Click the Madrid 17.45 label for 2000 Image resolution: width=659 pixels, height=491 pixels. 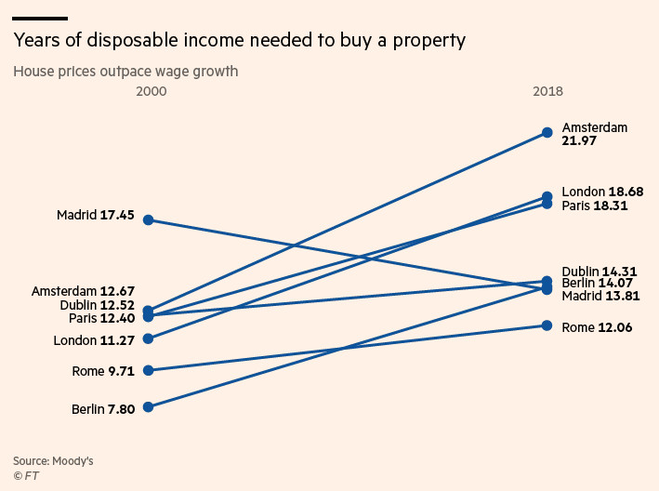(x=95, y=216)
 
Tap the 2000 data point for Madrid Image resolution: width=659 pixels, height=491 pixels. (x=148, y=219)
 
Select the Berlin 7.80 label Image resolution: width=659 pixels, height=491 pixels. (x=102, y=409)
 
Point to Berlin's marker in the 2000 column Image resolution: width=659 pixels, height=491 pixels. (x=148, y=406)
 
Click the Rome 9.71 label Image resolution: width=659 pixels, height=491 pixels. (x=102, y=371)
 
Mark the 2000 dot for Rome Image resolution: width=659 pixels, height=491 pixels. (x=148, y=370)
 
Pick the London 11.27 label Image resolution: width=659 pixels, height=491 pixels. (x=94, y=340)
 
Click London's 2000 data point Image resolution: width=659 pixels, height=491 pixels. (x=148, y=338)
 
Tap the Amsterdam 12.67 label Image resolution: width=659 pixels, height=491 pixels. (x=83, y=291)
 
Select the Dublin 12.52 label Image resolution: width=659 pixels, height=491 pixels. (x=97, y=305)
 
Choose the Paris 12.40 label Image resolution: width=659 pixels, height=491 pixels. (x=101, y=318)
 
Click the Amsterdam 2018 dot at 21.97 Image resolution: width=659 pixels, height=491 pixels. (x=547, y=133)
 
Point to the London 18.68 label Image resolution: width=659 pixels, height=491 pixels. (x=595, y=192)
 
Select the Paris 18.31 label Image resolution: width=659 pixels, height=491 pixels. (x=595, y=206)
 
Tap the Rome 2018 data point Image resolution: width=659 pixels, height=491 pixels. (x=547, y=325)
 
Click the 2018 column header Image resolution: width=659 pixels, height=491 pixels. (x=547, y=92)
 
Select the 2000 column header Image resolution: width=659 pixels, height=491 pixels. (x=151, y=92)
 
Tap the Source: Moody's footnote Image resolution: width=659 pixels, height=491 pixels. (x=53, y=460)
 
